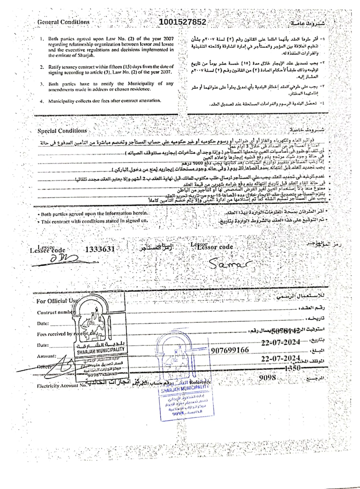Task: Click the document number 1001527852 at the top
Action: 182,22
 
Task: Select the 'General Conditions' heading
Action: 63,22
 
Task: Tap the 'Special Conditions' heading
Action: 62,131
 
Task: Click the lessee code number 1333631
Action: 100,249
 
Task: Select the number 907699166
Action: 230,350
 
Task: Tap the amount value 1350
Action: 292,368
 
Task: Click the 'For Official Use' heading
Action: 57,301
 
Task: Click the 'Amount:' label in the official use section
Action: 46,356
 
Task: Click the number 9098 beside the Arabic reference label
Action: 267,378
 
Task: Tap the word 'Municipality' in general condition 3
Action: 141,83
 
